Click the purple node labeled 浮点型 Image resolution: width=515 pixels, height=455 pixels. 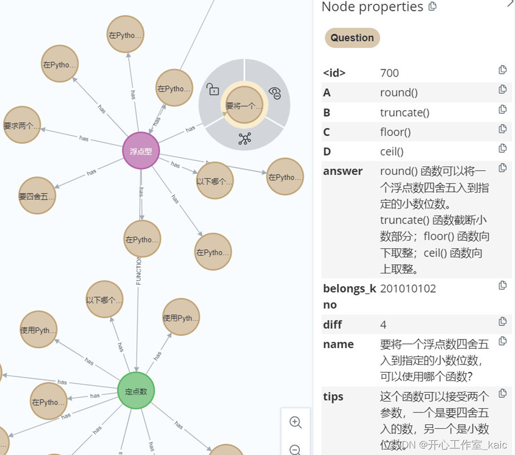(x=141, y=151)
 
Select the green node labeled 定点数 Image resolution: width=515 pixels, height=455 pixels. (x=136, y=391)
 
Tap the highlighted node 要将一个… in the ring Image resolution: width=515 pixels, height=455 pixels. (x=244, y=106)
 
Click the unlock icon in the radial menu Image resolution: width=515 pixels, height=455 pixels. (x=212, y=89)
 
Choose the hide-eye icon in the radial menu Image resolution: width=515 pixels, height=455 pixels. (x=275, y=93)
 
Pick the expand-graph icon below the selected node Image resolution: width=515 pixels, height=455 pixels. (x=244, y=138)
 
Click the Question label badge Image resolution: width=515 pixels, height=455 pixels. (x=352, y=38)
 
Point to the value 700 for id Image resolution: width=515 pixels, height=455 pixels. (x=390, y=73)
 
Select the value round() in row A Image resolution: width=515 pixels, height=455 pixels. (x=399, y=93)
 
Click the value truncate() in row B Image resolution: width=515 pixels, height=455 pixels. (x=404, y=112)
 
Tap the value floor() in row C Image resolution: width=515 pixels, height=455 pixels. (x=395, y=132)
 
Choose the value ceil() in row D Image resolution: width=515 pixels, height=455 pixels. (x=392, y=151)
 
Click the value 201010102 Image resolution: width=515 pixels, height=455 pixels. (x=408, y=289)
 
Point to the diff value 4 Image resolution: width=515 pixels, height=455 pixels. (x=384, y=325)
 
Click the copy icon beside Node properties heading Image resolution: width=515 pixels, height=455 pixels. (x=433, y=7)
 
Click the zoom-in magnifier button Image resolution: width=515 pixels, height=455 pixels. (x=295, y=422)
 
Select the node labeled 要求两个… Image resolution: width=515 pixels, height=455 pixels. (x=22, y=125)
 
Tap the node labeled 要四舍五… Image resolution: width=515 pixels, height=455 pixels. (x=37, y=196)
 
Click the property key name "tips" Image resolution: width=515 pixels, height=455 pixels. (x=333, y=397)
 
